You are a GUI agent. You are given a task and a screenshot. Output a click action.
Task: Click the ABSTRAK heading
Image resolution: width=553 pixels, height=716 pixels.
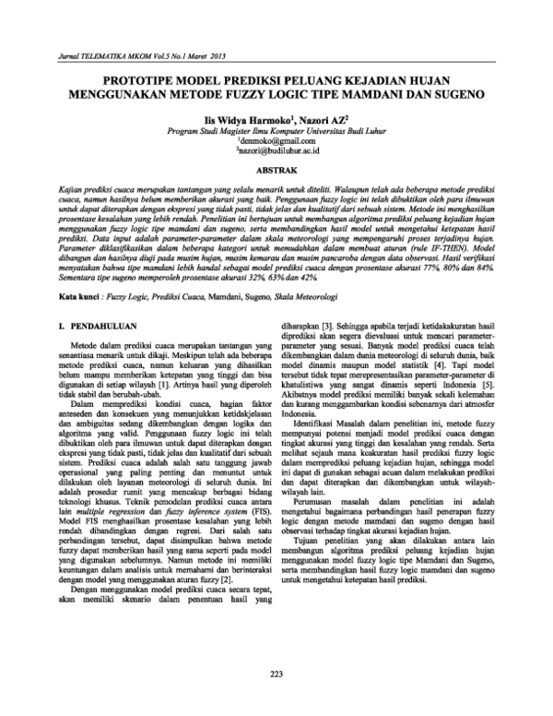(x=276, y=172)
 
